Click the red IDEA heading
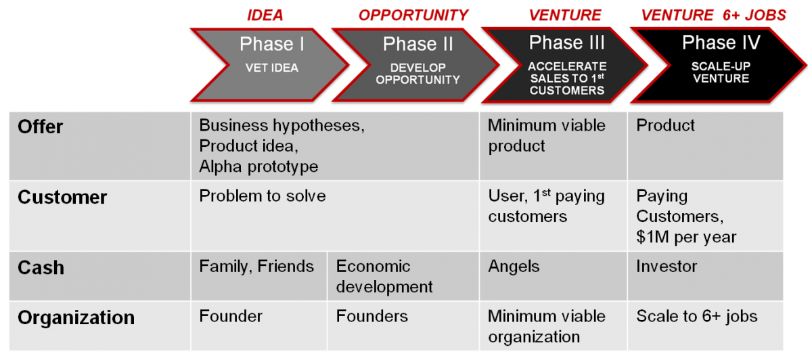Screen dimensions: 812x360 click(265, 16)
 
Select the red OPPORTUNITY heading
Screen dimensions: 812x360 click(413, 16)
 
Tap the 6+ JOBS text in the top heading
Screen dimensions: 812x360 click(754, 16)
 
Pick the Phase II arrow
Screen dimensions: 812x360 click(417, 65)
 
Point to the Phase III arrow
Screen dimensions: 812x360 click(566, 65)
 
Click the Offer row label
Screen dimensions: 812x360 click(40, 127)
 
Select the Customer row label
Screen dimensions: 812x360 click(62, 197)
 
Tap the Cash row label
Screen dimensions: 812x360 click(41, 267)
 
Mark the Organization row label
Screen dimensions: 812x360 click(76, 317)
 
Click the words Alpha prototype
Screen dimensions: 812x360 click(258, 166)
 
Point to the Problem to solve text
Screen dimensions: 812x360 click(263, 196)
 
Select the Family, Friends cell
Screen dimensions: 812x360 click(258, 276)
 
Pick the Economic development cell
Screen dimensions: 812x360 click(403, 276)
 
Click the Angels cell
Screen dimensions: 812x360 click(554, 276)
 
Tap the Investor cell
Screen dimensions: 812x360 click(705, 276)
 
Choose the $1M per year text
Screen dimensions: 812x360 click(686, 237)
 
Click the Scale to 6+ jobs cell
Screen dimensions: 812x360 click(705, 326)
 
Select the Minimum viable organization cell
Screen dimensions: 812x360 click(554, 326)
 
